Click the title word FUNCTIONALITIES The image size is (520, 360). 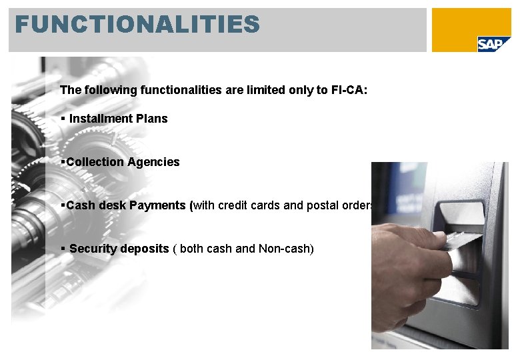click(137, 25)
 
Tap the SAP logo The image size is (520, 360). click(493, 43)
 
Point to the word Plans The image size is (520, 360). click(150, 119)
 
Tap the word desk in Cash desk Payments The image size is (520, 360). click(113, 205)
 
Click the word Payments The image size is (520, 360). click(159, 205)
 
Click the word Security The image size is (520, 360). click(91, 249)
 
